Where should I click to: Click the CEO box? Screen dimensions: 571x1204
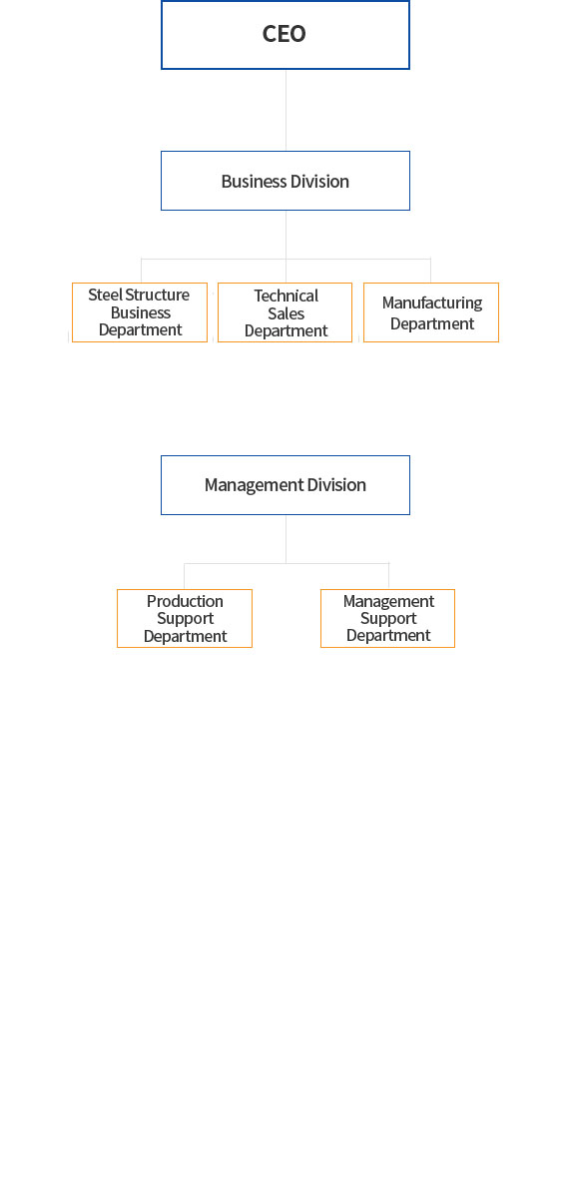(285, 35)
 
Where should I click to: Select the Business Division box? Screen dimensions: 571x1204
(285, 181)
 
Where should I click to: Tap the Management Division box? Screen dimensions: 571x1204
(285, 485)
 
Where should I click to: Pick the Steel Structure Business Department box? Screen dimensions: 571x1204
(140, 312)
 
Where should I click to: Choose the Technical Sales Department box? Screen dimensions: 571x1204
(285, 312)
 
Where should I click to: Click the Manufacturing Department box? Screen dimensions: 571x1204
(431, 312)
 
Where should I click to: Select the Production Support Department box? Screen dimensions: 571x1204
(185, 618)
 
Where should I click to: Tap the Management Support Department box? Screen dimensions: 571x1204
(387, 618)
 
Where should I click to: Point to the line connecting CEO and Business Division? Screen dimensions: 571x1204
(285, 110)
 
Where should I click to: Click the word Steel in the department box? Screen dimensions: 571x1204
(106, 295)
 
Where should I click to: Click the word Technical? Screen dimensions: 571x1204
(286, 296)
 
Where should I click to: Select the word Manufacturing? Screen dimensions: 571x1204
(432, 303)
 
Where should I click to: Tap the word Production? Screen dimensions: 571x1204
(185, 601)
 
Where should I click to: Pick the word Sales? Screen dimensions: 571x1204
(286, 313)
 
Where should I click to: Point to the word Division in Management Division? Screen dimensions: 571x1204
(336, 485)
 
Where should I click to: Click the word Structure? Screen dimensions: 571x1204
(158, 295)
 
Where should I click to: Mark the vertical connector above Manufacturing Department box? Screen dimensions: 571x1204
(430, 271)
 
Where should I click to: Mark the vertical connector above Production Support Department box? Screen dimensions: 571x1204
(185, 576)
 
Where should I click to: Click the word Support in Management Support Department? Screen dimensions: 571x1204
(388, 619)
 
